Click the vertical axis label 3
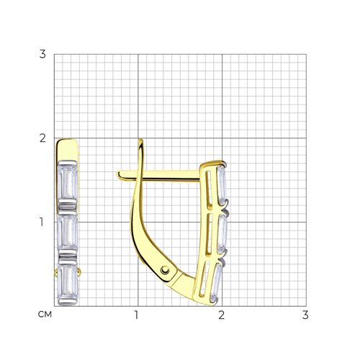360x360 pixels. pyautogui.click(x=42, y=54)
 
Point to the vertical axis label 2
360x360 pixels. pyautogui.click(x=42, y=138)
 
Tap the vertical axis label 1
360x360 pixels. pyautogui.click(x=42, y=222)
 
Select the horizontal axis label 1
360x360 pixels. pyautogui.click(x=136, y=315)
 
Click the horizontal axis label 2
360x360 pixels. pyautogui.click(x=221, y=315)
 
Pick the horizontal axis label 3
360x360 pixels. pyautogui.click(x=305, y=315)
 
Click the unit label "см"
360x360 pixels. pyautogui.click(x=45, y=315)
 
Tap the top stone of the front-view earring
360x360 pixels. pyautogui.click(x=68, y=181)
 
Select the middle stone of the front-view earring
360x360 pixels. pyautogui.click(x=68, y=232)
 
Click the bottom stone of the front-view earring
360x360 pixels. pyautogui.click(x=68, y=282)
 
